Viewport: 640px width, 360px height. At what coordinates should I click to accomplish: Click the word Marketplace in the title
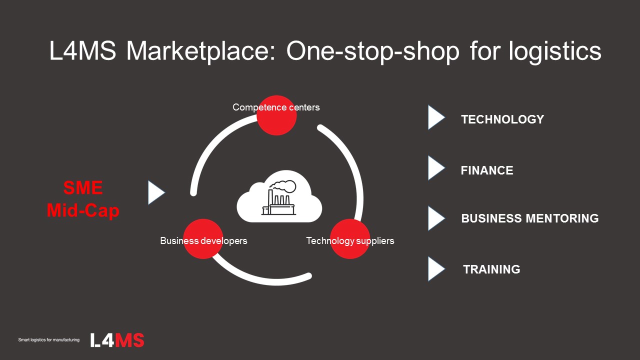(200, 51)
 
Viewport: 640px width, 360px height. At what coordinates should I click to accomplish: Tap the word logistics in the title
(555, 51)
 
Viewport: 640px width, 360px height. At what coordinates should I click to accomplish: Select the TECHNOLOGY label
(502, 119)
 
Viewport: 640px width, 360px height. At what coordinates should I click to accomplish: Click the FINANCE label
(487, 170)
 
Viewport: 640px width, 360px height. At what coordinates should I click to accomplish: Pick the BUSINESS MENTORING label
(530, 218)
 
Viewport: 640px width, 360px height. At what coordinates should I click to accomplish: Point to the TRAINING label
(491, 269)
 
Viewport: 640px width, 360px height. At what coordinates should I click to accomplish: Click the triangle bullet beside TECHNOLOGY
(436, 117)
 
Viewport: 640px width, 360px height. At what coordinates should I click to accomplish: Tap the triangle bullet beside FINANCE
(436, 168)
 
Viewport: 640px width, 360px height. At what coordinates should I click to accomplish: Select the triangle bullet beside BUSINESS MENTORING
(436, 218)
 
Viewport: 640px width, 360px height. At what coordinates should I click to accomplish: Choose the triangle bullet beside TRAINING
(436, 269)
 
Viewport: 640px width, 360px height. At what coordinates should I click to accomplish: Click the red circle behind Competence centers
(276, 115)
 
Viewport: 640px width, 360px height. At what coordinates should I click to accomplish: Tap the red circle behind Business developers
(203, 239)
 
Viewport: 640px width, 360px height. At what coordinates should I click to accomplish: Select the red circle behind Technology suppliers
(350, 239)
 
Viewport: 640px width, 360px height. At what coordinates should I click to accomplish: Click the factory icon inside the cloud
(279, 197)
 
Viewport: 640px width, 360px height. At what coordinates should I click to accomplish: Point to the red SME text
(83, 187)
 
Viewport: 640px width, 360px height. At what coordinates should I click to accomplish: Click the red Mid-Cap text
(83, 210)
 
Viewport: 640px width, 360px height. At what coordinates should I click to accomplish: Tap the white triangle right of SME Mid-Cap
(156, 192)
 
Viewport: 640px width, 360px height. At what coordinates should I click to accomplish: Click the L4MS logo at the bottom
(117, 340)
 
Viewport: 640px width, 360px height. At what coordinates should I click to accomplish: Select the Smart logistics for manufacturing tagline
(49, 339)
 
